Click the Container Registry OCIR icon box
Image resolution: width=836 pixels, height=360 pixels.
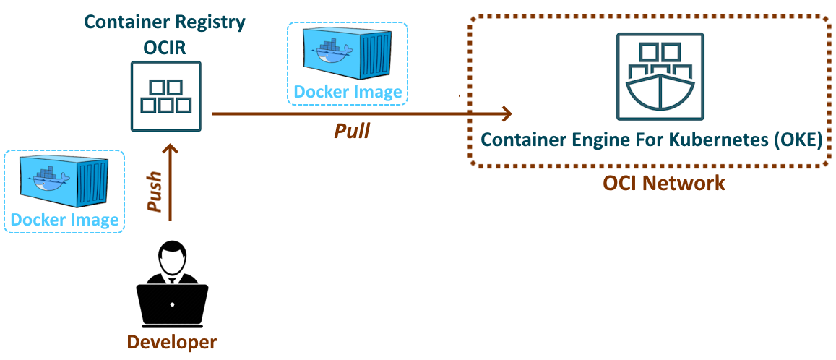pos(166,96)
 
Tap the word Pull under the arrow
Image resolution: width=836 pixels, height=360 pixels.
pos(352,131)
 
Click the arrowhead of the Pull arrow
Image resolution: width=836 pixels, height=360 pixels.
pos(507,113)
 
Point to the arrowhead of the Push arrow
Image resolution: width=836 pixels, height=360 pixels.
pos(170,149)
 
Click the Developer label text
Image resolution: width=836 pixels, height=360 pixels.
pos(172,341)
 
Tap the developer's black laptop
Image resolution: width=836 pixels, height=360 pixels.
pos(173,304)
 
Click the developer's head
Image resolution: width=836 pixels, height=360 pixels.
pos(172,254)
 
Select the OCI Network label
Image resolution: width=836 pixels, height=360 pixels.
pos(664,183)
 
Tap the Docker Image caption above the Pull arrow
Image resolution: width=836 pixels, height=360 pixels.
pos(347,92)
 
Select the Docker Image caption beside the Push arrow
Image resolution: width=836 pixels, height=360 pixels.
pos(64,220)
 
